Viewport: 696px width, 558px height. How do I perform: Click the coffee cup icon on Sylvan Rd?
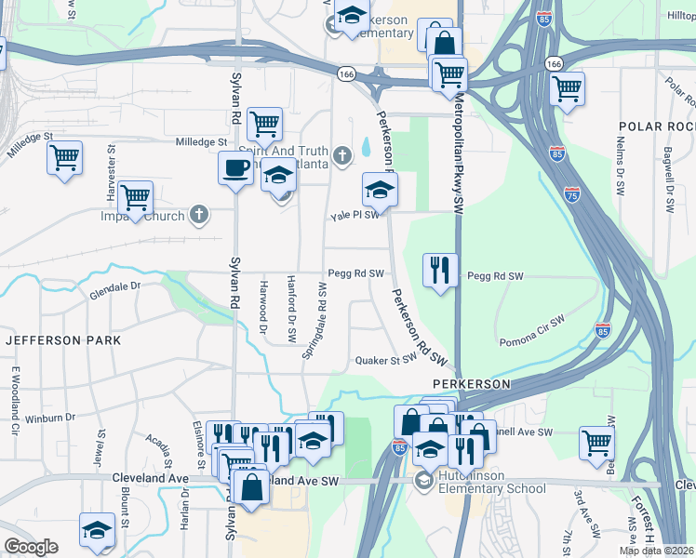coord(235,168)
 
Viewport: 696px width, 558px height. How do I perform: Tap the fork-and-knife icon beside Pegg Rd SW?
coord(438,270)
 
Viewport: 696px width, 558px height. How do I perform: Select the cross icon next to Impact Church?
coord(198,215)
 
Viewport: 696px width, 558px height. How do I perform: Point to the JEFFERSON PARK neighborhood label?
coord(63,340)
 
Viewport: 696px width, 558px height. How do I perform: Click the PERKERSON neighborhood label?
coord(472,383)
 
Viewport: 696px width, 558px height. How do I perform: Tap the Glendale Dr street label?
coord(114,291)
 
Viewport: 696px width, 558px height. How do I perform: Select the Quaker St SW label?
coord(384,360)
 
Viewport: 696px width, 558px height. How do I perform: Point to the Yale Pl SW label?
coord(355,215)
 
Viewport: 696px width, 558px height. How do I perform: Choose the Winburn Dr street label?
coord(62,418)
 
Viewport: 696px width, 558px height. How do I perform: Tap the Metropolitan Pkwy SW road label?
coord(458,158)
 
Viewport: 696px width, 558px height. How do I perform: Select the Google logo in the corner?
coord(31,547)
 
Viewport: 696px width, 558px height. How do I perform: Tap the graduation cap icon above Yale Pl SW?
coord(379,190)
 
